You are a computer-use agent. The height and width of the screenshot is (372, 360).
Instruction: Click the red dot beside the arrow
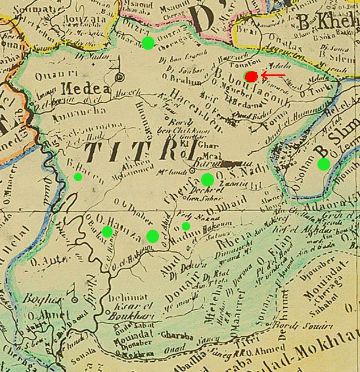[x=251, y=76]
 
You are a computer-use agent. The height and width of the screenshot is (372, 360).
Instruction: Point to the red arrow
[x=274, y=75]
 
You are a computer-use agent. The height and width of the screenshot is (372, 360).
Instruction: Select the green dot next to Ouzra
[x=148, y=43]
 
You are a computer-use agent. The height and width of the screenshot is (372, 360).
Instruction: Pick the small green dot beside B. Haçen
[x=78, y=177]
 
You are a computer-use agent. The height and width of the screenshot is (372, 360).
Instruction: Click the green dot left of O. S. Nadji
[x=207, y=180]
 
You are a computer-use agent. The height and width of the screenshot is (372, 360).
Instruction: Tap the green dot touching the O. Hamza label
[x=107, y=231]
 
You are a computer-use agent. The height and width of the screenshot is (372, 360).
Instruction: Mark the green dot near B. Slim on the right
[x=324, y=164]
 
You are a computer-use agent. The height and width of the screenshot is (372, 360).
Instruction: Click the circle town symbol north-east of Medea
[x=120, y=77]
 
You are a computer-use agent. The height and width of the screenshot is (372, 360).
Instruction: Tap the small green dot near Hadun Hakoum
[x=186, y=226]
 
